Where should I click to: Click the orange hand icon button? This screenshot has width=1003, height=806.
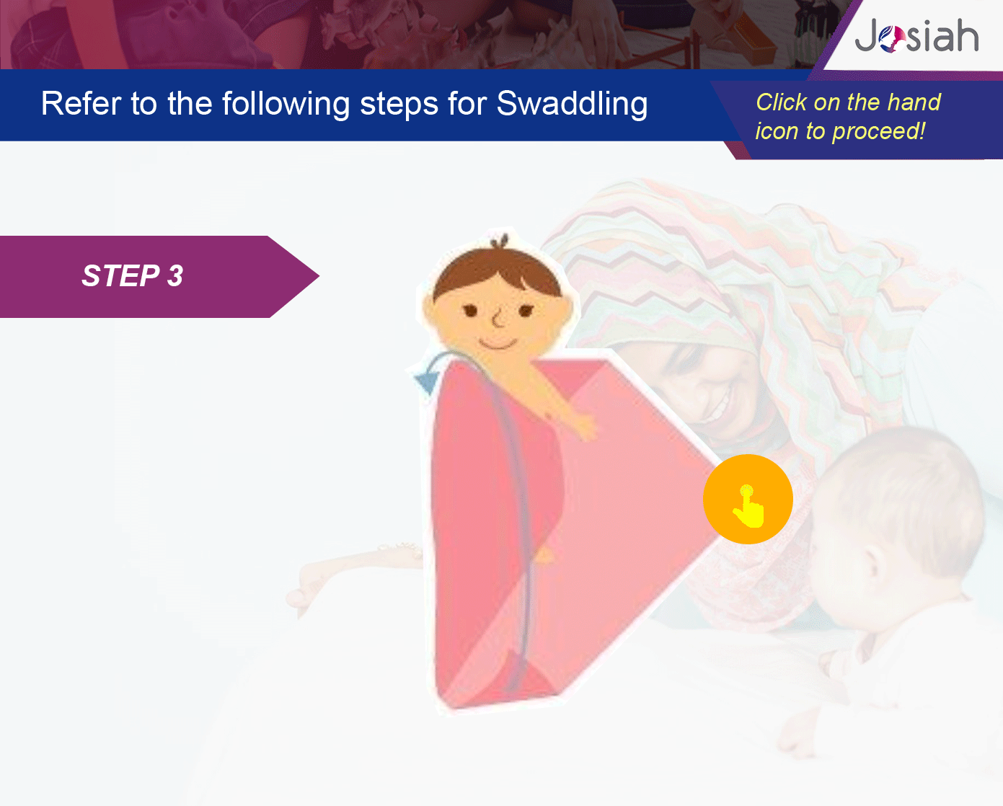[x=748, y=499]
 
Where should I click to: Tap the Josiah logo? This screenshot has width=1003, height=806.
[x=916, y=36]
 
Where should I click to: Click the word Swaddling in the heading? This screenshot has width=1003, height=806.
[x=572, y=104]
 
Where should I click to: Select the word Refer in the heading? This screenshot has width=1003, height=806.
[x=81, y=104]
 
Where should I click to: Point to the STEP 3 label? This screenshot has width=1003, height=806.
[x=133, y=275]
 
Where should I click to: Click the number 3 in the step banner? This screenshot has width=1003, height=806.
[x=175, y=275]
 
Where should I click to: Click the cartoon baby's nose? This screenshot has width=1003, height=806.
[x=498, y=319]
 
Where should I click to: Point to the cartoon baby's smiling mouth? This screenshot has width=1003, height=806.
[x=498, y=345]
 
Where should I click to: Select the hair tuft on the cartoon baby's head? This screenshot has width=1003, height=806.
[x=500, y=242]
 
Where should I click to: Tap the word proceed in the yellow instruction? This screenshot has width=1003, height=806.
[x=878, y=131]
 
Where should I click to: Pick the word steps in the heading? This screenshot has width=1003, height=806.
[x=399, y=105]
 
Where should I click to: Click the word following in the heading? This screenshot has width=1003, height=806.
[x=286, y=105]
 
